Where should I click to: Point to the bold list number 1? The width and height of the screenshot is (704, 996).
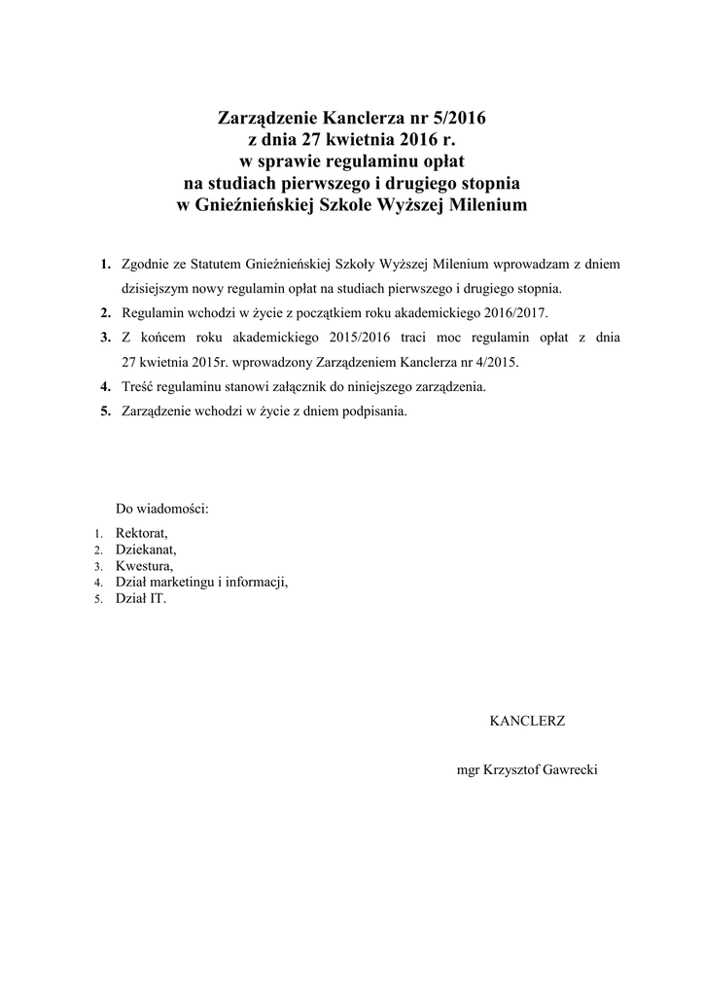104,264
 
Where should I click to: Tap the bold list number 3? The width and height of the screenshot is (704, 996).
104,338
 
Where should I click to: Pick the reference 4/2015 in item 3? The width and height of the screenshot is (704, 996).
497,362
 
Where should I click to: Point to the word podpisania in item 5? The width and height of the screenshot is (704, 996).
372,410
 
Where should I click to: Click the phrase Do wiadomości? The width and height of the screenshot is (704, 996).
162,509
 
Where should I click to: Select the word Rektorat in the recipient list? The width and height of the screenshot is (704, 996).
141,533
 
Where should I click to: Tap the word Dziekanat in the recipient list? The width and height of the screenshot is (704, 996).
146,550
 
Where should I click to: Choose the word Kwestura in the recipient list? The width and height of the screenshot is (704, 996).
144,566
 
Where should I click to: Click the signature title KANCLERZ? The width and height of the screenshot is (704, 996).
527,722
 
